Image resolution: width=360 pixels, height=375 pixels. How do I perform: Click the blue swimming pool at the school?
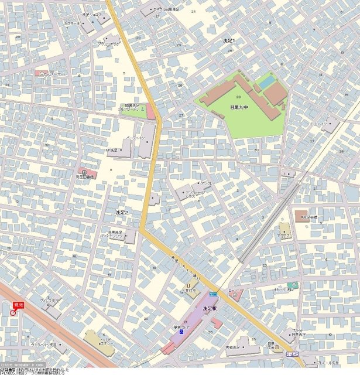(267, 83)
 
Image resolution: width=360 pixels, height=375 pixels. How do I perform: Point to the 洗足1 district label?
(228, 40)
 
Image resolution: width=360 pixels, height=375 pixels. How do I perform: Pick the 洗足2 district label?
(122, 212)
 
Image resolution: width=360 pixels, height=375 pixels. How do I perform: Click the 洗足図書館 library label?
(85, 176)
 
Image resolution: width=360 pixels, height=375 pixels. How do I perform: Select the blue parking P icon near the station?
(180, 332)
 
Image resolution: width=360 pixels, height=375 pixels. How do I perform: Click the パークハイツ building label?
(135, 138)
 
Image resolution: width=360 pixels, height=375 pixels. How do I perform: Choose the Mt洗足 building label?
(112, 150)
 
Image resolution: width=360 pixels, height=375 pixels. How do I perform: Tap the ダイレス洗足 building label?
(49, 301)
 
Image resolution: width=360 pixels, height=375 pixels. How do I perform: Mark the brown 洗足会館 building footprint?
(300, 215)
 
